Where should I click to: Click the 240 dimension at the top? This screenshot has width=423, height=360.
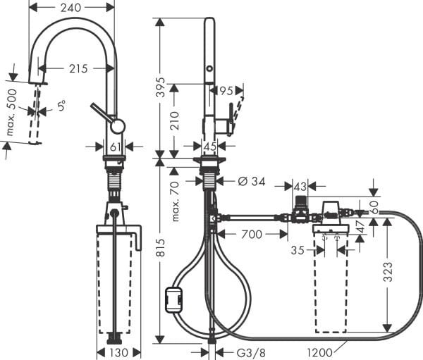pos(71,8)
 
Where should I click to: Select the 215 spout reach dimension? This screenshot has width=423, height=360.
pos(78,68)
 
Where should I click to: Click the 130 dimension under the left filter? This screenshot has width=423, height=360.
pos(118,352)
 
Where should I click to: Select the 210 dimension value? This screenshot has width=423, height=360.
pos(175,120)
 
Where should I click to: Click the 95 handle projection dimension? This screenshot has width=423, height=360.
pos(226,89)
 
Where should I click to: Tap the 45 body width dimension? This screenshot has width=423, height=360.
pos(209,146)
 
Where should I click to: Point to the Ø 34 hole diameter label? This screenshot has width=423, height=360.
pos(251,182)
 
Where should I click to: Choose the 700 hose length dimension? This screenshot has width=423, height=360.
pos(252,233)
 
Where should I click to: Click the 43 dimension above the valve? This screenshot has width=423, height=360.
pos(301,186)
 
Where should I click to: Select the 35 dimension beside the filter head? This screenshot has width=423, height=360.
pos(297,249)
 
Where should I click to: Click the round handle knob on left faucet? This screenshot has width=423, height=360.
pos(117,126)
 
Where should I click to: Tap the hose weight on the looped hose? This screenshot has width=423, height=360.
pos(173,300)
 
